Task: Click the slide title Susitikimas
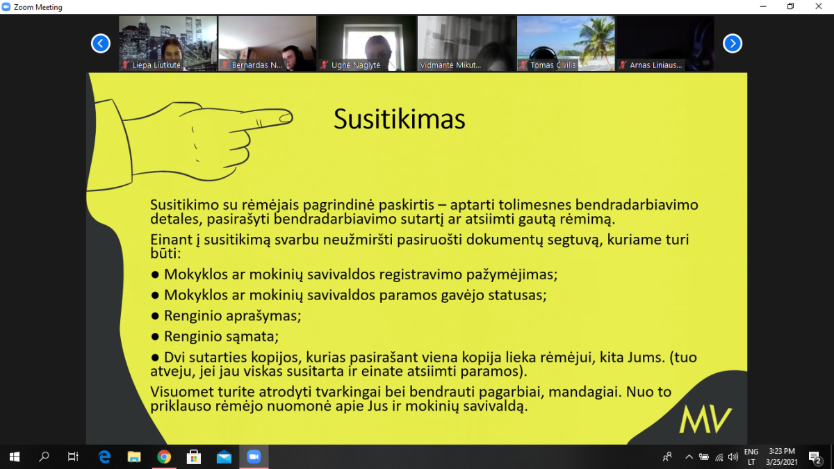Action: [x=399, y=119]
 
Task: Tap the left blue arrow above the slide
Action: [x=101, y=44]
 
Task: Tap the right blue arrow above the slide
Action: [x=733, y=44]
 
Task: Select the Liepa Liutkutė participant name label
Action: [x=156, y=65]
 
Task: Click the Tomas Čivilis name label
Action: [x=553, y=65]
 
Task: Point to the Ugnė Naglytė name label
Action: [x=356, y=65]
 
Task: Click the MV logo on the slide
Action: [x=705, y=420]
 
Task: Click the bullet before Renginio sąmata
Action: [x=155, y=336]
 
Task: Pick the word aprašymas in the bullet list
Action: [x=263, y=316]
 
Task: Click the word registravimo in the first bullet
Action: [x=420, y=274]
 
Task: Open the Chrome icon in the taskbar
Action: [x=164, y=456]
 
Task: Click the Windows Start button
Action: [x=15, y=456]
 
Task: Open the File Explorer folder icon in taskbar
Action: [x=134, y=456]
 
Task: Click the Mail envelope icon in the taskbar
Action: [x=224, y=457]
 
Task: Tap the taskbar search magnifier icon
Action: [x=44, y=456]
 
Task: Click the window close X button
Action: [x=819, y=6]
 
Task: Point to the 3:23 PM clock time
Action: [x=782, y=451]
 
